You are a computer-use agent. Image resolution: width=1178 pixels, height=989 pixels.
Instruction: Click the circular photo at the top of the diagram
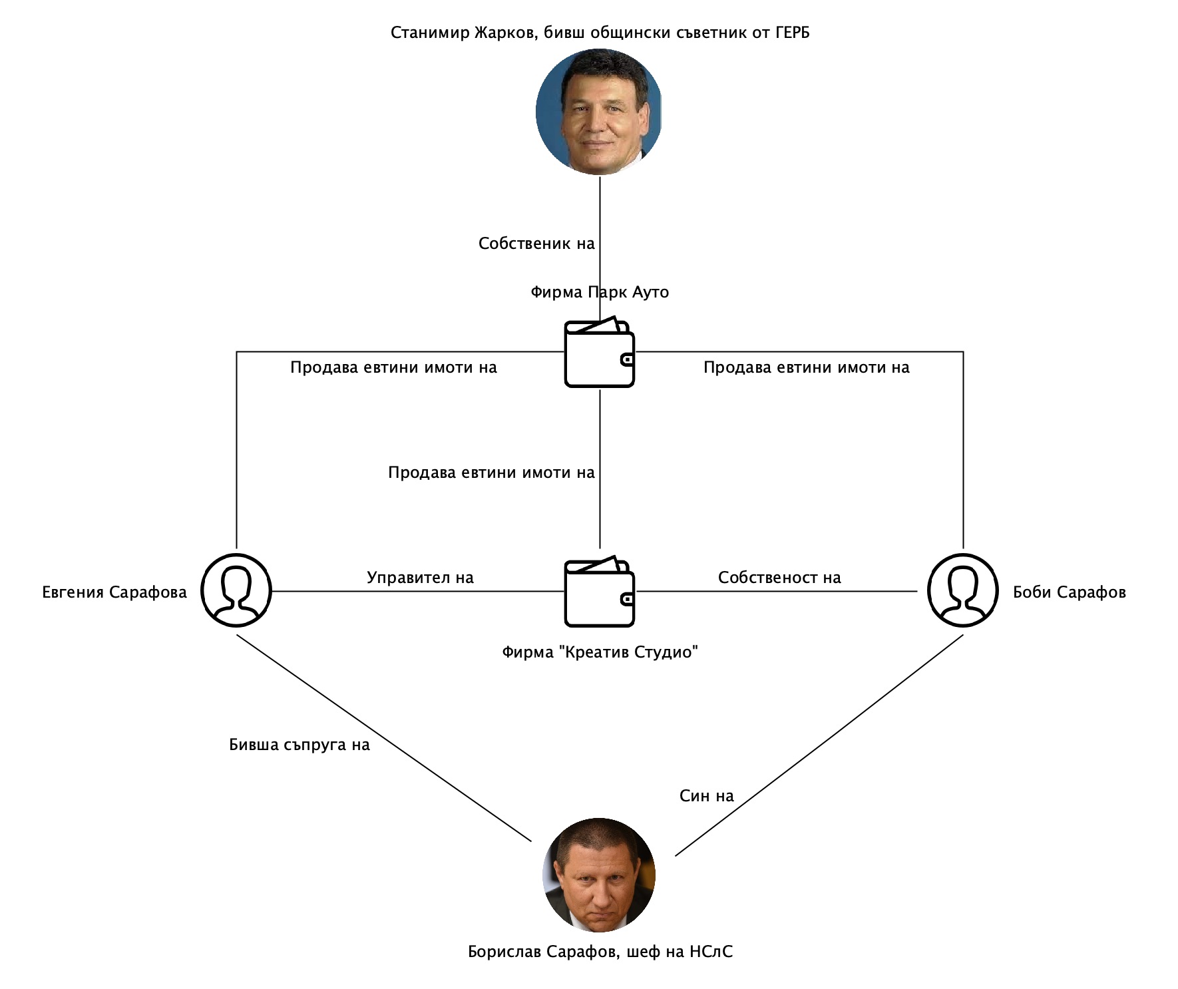click(599, 112)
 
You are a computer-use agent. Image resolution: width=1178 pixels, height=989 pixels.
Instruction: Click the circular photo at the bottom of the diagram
click(600, 874)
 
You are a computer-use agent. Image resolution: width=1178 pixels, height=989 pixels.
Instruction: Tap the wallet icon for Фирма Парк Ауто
click(599, 353)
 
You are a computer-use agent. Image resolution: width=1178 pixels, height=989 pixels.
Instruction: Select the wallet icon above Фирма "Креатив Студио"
click(599, 592)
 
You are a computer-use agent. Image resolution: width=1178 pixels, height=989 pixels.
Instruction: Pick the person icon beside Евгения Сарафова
click(236, 590)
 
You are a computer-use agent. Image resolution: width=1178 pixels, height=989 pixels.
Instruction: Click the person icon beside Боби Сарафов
click(962, 590)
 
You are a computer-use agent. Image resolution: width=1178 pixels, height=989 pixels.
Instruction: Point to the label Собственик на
click(536, 244)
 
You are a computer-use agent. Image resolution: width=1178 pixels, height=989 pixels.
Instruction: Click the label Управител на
click(420, 578)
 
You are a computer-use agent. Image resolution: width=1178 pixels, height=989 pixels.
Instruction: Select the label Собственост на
click(779, 578)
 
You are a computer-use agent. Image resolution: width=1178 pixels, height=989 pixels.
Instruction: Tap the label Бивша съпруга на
click(299, 745)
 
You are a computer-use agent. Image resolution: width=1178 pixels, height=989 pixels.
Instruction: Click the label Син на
click(706, 796)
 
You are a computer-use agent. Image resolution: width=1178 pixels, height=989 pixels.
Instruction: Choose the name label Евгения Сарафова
click(114, 592)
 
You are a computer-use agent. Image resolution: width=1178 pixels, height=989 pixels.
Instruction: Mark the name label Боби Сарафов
click(1069, 592)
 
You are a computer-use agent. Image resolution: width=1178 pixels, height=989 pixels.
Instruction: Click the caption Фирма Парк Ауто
click(600, 292)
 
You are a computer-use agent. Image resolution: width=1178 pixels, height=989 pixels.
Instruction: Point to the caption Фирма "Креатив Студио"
click(600, 652)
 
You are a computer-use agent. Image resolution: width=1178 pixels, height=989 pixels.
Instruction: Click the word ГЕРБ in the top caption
click(792, 33)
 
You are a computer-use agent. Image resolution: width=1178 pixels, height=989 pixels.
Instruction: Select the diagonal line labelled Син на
click(819, 745)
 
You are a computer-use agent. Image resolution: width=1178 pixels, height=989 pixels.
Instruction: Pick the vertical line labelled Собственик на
click(600, 220)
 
